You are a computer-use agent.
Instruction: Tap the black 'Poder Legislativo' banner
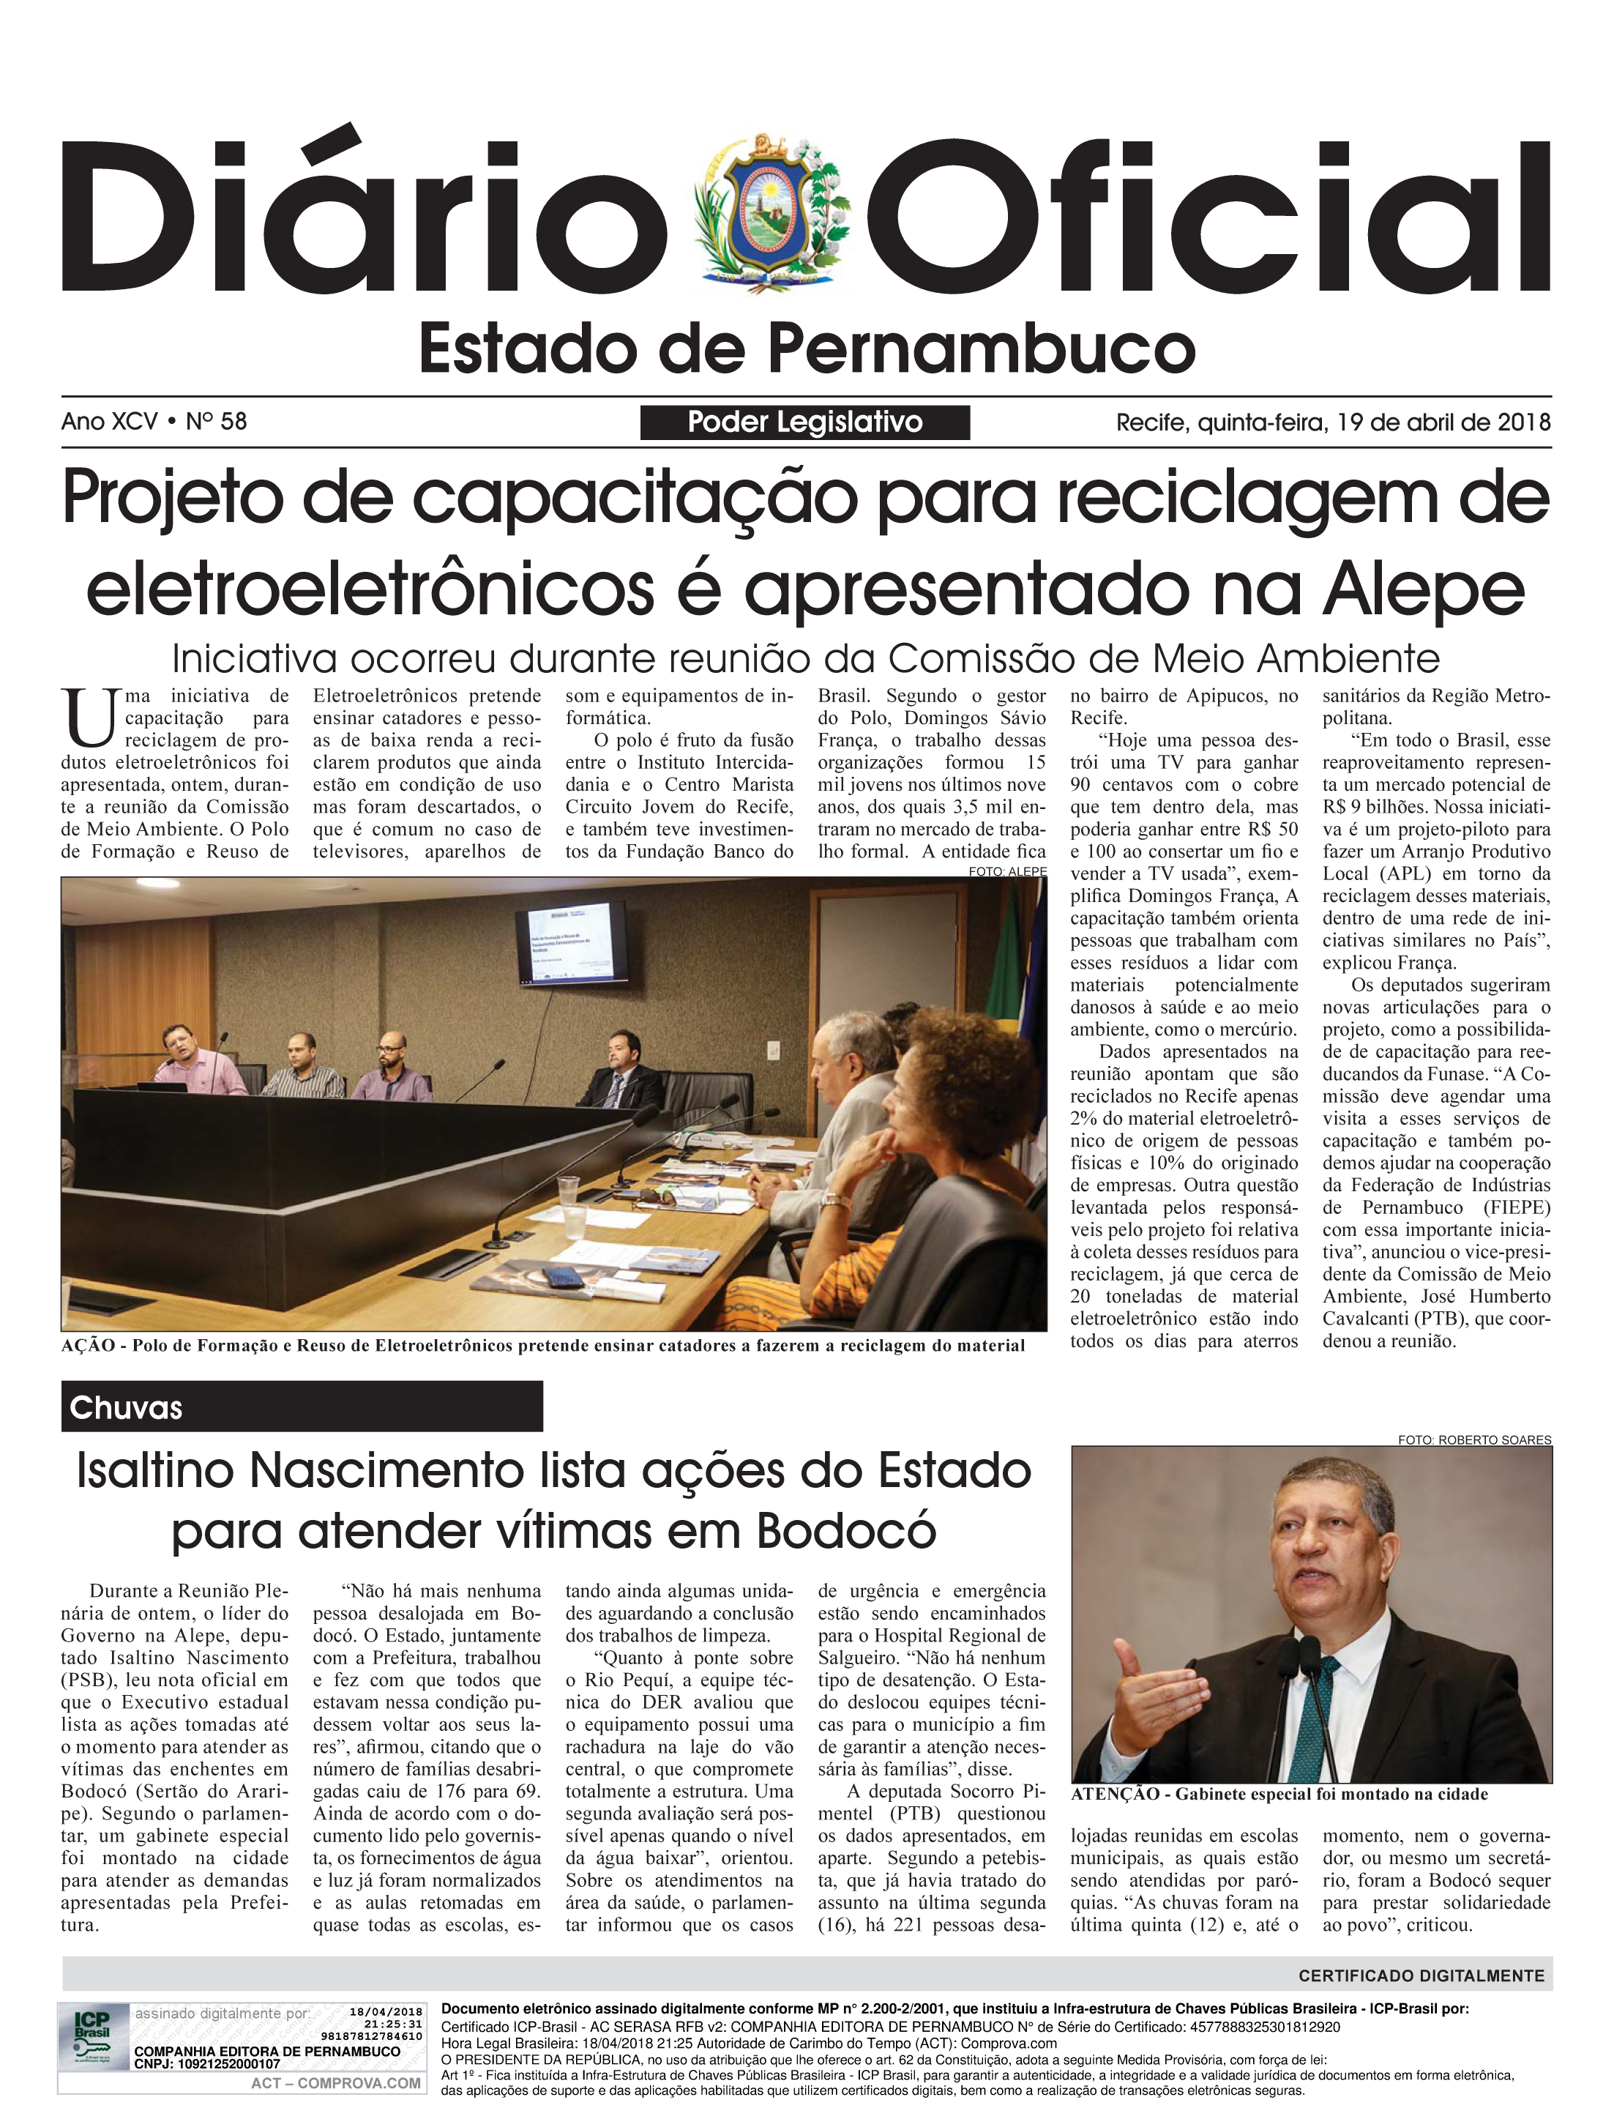tap(805, 422)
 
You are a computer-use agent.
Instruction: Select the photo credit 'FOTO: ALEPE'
tap(1008, 871)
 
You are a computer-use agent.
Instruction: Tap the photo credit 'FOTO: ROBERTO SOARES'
tap(1475, 1440)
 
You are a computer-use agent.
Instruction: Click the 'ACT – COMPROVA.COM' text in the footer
tap(335, 2083)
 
